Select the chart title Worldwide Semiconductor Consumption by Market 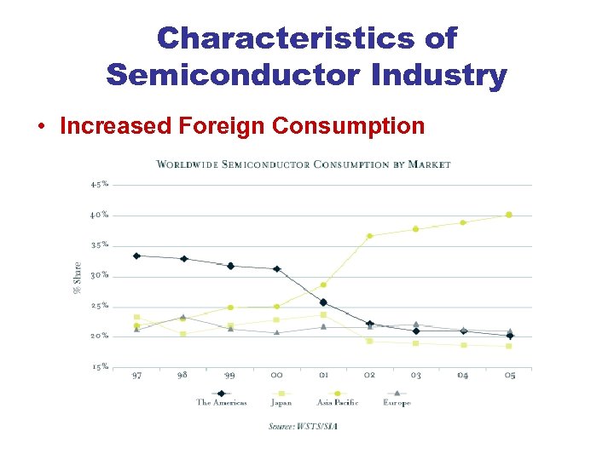click(304, 164)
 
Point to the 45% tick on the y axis click(100, 185)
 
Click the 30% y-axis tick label click(100, 275)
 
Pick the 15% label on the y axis click(100, 366)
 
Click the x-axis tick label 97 click(136, 375)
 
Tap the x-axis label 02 click(369, 375)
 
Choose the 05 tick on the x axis click(509, 375)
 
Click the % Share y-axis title click(78, 276)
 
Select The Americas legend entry click(221, 402)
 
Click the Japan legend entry click(281, 402)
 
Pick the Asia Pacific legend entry click(337, 402)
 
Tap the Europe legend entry click(397, 402)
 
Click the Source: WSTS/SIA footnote click(303, 425)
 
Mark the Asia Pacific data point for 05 click(509, 215)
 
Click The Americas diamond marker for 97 click(136, 256)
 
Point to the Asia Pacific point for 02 click(369, 236)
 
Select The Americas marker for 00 click(276, 269)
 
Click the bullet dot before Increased click(41, 127)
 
